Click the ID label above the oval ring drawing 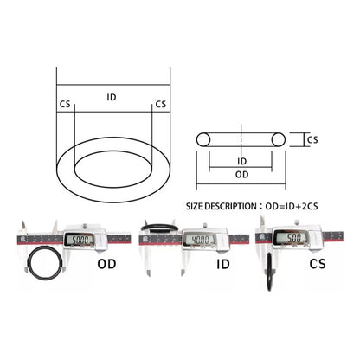112,97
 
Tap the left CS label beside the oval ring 65,104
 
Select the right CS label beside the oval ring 161,104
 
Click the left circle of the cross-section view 203,139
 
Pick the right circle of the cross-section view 279,139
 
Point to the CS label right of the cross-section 312,140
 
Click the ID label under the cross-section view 242,161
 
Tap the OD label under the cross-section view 242,175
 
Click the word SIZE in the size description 195,207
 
